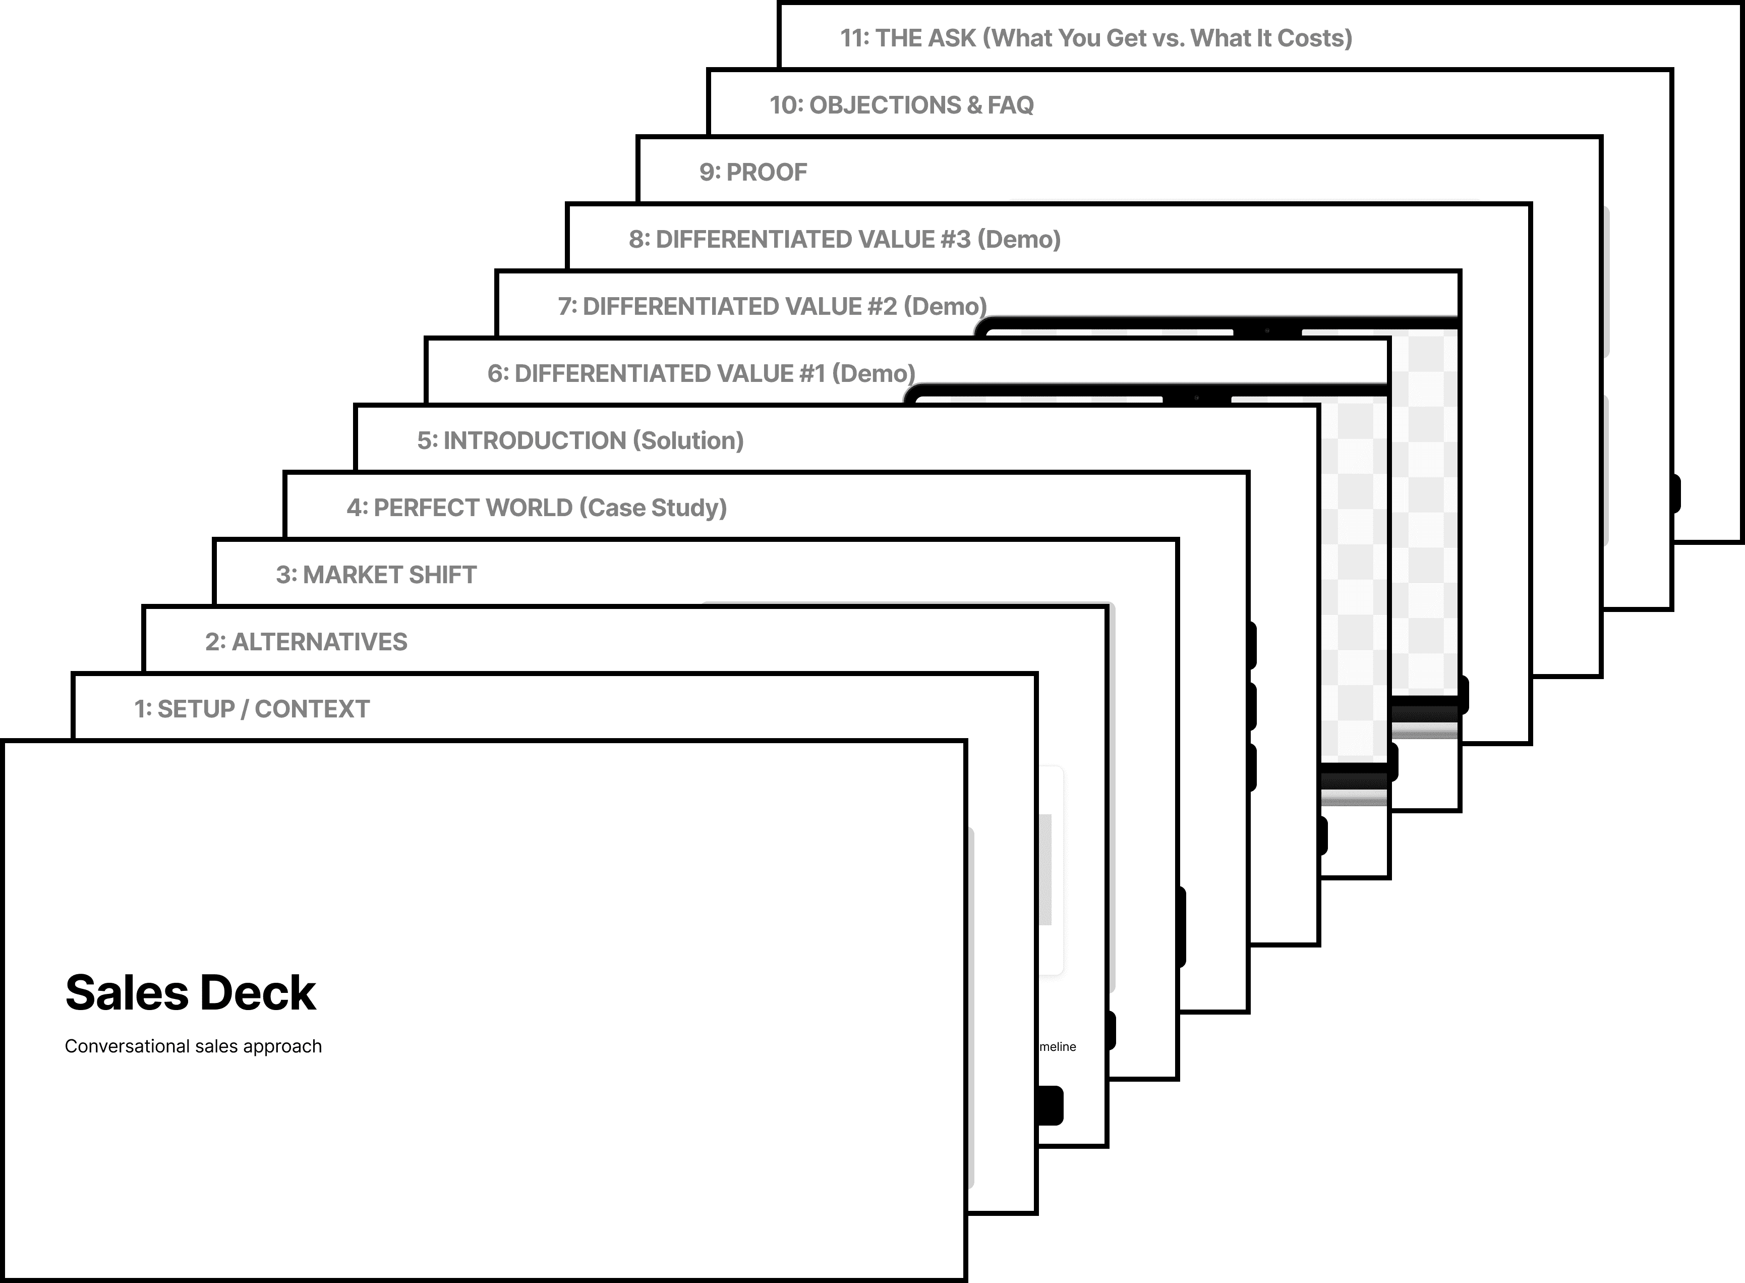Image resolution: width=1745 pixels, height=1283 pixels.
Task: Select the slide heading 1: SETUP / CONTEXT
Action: coord(252,709)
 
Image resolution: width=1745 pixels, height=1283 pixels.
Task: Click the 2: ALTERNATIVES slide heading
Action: coord(306,642)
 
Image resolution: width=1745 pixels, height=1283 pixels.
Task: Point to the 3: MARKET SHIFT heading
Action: coord(376,575)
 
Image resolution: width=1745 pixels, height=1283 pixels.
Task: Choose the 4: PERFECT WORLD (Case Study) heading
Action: coord(537,508)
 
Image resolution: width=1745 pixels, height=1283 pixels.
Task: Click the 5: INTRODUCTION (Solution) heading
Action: coord(580,441)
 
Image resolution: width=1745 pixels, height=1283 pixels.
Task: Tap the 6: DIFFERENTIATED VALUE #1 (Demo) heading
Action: coord(701,373)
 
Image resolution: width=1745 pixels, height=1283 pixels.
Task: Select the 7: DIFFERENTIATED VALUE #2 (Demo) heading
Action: coord(772,307)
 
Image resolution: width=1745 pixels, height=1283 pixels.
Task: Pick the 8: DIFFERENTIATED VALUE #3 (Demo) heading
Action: coord(845,239)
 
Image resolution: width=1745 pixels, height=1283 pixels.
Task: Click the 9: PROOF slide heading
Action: coord(753,173)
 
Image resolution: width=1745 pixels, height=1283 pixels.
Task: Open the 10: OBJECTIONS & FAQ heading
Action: coord(901,105)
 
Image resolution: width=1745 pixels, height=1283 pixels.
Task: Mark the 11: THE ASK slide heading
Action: coord(1095,38)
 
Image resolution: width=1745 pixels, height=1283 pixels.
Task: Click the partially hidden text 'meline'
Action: coord(1058,1047)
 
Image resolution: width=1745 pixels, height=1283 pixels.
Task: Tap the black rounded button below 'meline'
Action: coord(1050,1105)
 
